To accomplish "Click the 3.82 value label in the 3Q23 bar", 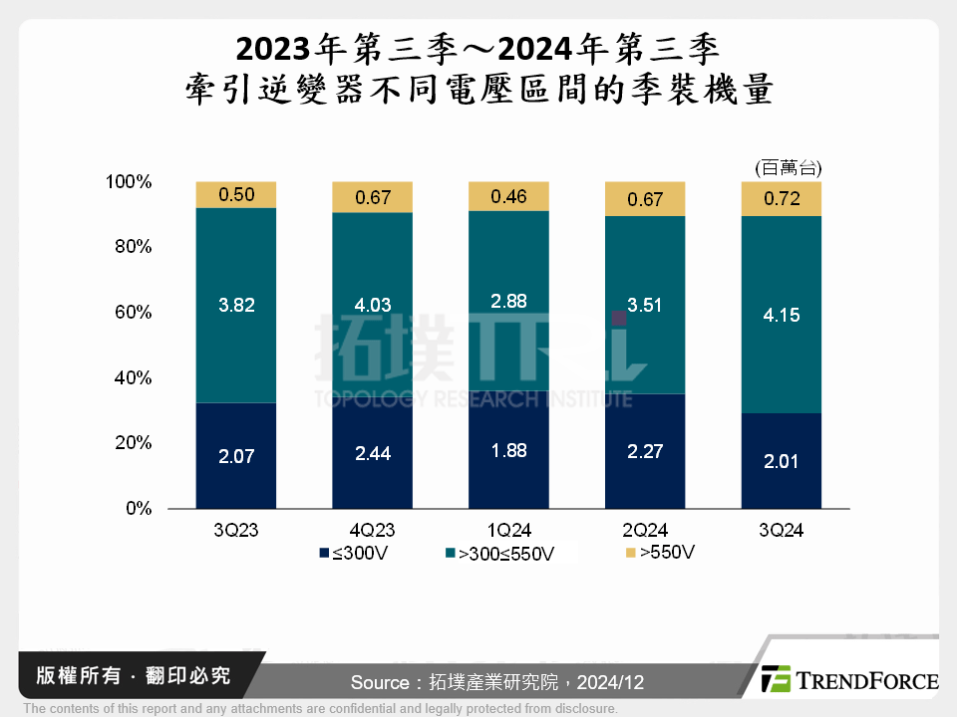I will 236,306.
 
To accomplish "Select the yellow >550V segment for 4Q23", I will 372,197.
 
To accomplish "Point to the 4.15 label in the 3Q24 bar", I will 782,316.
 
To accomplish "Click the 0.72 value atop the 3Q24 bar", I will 782,200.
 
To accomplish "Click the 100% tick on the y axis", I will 129,182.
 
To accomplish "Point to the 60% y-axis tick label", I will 133,313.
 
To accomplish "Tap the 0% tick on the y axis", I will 139,509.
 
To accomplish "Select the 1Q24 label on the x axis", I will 507,531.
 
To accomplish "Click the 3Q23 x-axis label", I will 236,531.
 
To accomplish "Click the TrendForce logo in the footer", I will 848,680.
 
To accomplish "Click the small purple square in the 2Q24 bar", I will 619,318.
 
